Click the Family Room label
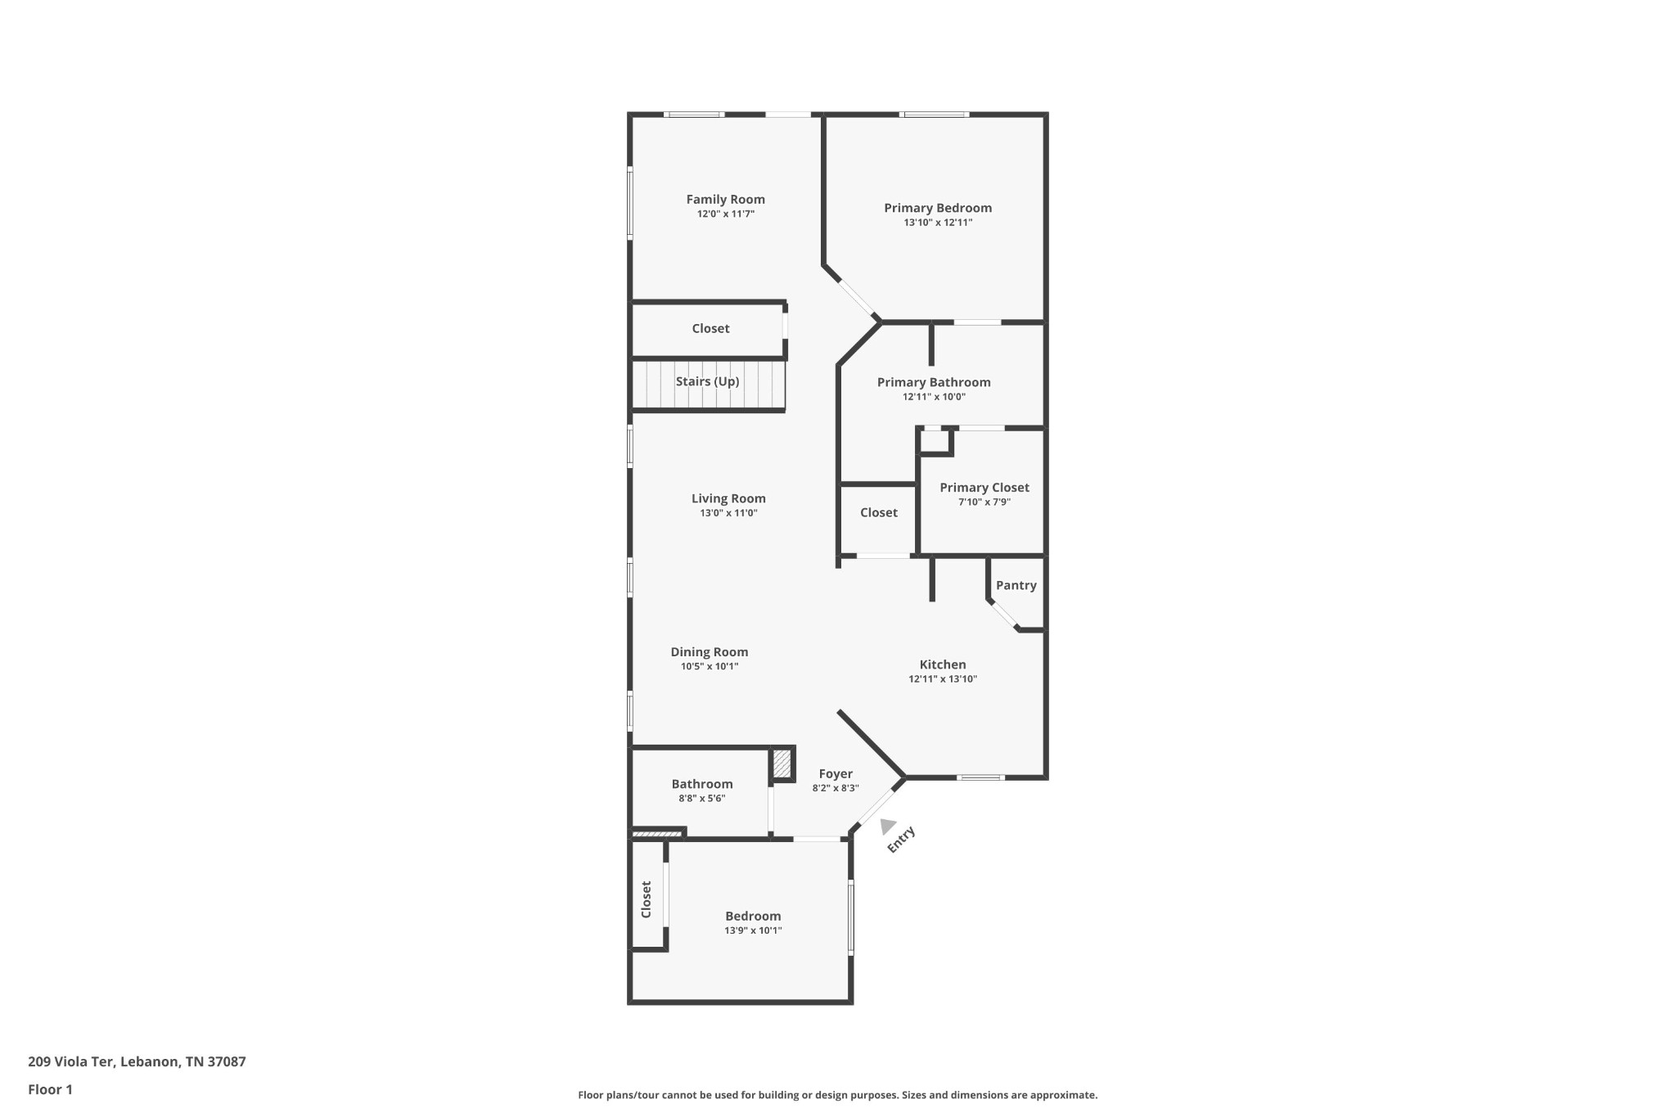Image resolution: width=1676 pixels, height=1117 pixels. pyautogui.click(x=725, y=199)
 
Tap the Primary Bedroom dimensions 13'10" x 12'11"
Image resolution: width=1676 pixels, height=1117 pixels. pyautogui.click(x=937, y=223)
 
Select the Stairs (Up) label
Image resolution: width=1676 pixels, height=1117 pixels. pyautogui.click(x=707, y=381)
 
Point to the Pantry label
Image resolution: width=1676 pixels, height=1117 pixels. pyautogui.click(x=1016, y=585)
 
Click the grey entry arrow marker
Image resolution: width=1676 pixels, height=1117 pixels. pyautogui.click(x=887, y=826)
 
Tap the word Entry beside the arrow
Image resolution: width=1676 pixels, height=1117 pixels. pyautogui.click(x=901, y=840)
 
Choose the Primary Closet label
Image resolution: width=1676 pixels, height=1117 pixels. pyautogui.click(x=984, y=488)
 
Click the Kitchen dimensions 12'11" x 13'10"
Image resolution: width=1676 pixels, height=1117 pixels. pyautogui.click(x=943, y=679)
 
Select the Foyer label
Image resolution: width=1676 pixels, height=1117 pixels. pyautogui.click(x=836, y=774)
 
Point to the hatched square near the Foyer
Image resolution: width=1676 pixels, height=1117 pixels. pyautogui.click(x=782, y=765)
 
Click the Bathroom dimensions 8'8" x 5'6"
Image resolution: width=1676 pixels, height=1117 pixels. pyautogui.click(x=701, y=799)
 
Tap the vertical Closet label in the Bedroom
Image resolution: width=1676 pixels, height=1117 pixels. pyautogui.click(x=646, y=899)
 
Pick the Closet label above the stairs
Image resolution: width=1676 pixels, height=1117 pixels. pyautogui.click(x=710, y=328)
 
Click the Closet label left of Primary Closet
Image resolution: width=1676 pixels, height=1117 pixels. pyautogui.click(x=878, y=512)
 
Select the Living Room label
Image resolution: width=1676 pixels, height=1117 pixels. pyautogui.click(x=728, y=498)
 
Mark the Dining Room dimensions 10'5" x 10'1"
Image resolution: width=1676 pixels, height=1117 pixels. pyautogui.click(x=710, y=667)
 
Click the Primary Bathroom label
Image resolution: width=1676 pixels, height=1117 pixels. pyautogui.click(x=934, y=382)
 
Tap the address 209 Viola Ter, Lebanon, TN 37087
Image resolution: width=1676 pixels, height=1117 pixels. pyautogui.click(x=137, y=1061)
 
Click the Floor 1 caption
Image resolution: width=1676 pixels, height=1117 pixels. pyautogui.click(x=50, y=1089)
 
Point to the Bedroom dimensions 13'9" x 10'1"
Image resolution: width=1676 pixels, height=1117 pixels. pyautogui.click(x=753, y=930)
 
